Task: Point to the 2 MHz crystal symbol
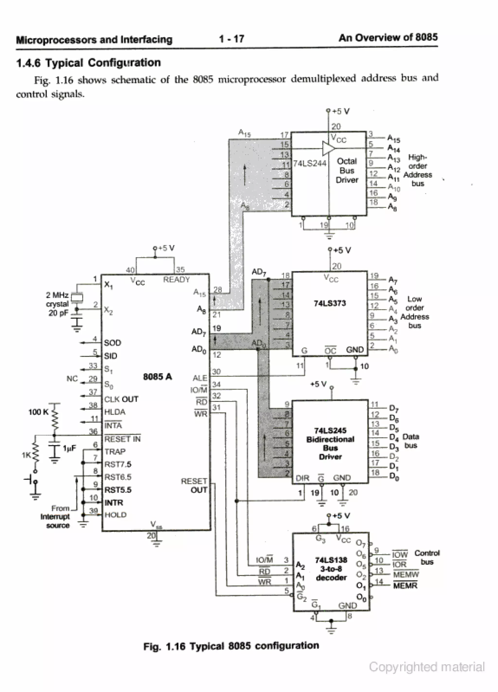click(x=77, y=297)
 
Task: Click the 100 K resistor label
click(x=38, y=412)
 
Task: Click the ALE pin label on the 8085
click(x=200, y=378)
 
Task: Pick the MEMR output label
click(x=405, y=586)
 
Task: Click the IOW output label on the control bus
click(x=400, y=554)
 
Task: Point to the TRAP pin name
click(x=115, y=451)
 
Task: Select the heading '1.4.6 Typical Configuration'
click(x=89, y=62)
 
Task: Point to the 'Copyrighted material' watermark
click(x=427, y=667)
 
